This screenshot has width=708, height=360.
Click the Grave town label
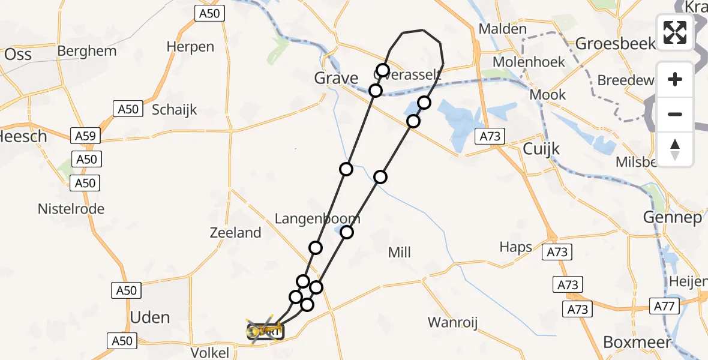point(336,78)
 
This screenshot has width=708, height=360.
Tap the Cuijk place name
point(542,149)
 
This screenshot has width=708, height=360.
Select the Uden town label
point(150,317)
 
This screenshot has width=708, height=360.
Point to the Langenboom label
point(317,218)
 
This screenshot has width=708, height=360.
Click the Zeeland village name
point(236,233)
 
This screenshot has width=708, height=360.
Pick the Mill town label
point(399,253)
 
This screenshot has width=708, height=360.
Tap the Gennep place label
point(672,217)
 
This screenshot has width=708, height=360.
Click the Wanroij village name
point(452,323)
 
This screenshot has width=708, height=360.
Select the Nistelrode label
point(71,209)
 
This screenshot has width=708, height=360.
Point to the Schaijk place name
point(175,110)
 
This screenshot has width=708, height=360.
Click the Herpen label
point(190,47)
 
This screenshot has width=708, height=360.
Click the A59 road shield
point(85,136)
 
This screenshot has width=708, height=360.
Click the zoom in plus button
point(675,79)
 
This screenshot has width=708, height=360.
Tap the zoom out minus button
point(675,114)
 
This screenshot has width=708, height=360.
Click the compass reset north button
point(675,149)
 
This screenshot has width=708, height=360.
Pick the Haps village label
point(516,247)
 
